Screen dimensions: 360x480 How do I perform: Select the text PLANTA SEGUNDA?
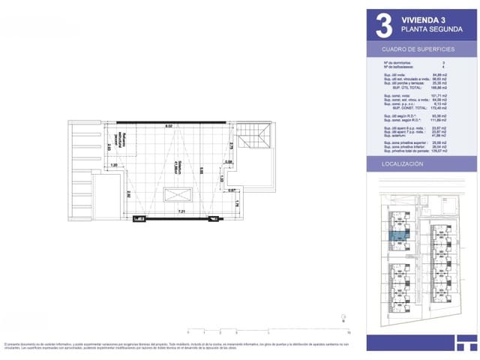pyautogui.click(x=431, y=28)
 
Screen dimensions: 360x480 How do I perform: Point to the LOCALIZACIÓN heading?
pyautogui.click(x=403, y=163)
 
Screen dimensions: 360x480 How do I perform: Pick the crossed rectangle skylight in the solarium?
pyautogui.click(x=178, y=196)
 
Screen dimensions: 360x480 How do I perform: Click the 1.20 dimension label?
pyautogui.click(x=114, y=165)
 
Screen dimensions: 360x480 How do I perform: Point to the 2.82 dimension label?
pyautogui.click(x=129, y=193)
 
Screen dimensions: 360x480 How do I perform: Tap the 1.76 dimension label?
pyautogui.click(x=237, y=203)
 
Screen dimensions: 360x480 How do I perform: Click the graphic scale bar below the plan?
pyautogui.click(x=268, y=330)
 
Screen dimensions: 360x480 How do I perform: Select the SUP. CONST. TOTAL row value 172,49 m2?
pyautogui.click(x=451, y=110)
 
